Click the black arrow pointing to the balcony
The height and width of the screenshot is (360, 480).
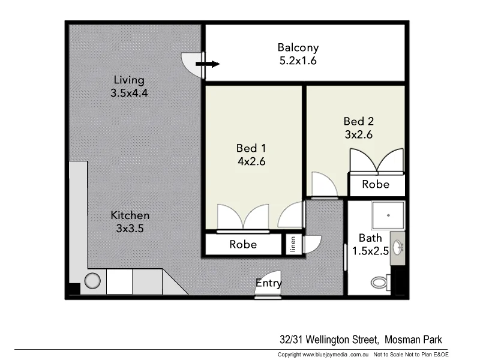pos(208,64)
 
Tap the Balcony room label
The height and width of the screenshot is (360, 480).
pos(298,47)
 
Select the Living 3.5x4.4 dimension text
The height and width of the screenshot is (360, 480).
pos(129,93)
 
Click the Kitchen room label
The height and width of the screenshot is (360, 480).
pos(130,215)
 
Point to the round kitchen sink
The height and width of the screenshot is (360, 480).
pos(93,281)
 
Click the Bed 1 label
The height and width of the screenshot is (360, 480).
pos(251,148)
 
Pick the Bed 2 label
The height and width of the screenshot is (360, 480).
pos(358,121)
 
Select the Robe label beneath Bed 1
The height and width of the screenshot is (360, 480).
pos(243,244)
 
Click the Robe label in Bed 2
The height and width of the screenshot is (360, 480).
pos(376,184)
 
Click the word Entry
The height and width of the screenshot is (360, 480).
pos(269,283)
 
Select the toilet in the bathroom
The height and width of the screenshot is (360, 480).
pos(380,281)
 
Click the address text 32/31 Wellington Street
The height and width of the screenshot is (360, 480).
pos(329,340)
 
